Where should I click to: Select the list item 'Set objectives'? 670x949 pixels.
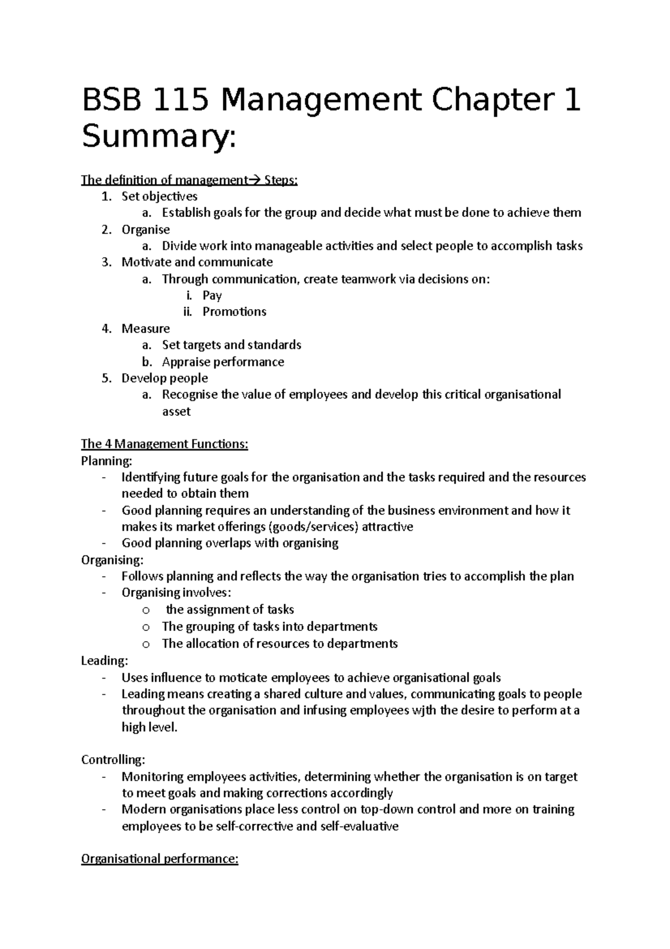click(159, 197)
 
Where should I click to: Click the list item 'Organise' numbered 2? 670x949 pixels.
click(145, 230)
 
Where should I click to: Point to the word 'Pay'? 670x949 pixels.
click(212, 296)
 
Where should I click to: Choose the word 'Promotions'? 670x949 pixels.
click(234, 312)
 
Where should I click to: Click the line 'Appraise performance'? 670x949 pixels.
click(223, 362)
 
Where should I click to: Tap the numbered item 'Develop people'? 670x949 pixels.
click(165, 378)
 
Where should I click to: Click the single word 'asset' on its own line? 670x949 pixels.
click(176, 412)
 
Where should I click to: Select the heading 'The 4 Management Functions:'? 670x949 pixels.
click(164, 444)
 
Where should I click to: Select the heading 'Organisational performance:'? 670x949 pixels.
click(160, 859)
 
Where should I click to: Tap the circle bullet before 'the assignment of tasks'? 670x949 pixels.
click(146, 610)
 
